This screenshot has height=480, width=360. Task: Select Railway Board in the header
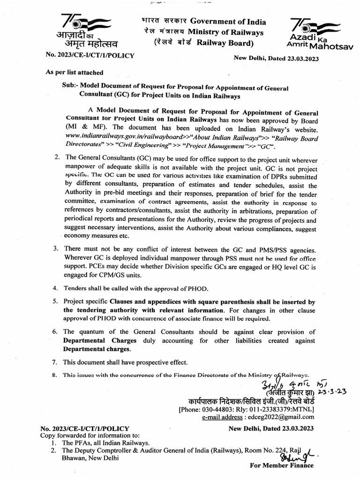tap(225, 43)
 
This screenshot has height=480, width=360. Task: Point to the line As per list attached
tap(74, 73)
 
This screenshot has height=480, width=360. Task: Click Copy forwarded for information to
tap(88, 435)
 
